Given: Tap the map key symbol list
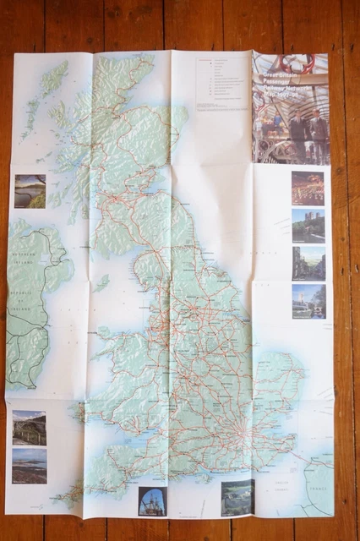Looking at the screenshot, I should (x=221, y=84).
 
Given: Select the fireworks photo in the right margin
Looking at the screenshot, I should (x=308, y=189).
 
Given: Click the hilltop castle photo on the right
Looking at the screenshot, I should (x=308, y=226).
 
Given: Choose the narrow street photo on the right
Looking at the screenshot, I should (x=308, y=263).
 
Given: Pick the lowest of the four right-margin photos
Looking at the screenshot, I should (x=308, y=301).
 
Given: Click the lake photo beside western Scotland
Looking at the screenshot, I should (x=30, y=191).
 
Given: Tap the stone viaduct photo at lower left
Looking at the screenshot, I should (x=30, y=428).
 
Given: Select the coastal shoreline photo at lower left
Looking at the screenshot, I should (x=30, y=466).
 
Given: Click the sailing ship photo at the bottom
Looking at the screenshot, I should (x=152, y=500).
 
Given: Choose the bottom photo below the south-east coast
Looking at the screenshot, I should (x=237, y=497).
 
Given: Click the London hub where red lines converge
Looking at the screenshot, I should (x=243, y=433).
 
